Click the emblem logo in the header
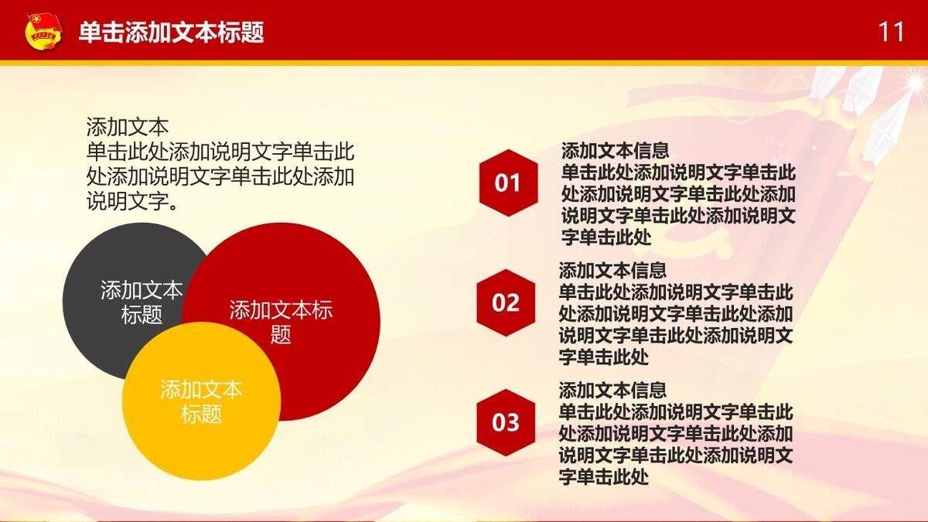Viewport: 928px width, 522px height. click(43, 32)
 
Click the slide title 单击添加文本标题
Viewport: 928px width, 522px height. click(172, 32)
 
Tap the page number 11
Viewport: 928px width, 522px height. click(891, 32)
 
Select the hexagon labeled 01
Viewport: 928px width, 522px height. click(508, 183)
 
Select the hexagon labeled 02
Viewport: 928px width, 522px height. click(506, 302)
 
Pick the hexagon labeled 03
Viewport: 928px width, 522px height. click(506, 423)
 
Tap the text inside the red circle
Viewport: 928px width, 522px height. click(281, 322)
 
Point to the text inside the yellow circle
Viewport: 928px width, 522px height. click(201, 401)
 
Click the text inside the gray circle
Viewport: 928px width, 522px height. click(142, 302)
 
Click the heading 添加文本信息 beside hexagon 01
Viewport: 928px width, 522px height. click(615, 150)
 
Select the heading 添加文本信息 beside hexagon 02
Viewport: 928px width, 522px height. click(612, 270)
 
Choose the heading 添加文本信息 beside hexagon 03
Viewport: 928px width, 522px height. click(612, 390)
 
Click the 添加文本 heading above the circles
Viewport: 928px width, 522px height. click(127, 126)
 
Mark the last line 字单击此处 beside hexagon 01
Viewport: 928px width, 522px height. click(606, 237)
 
